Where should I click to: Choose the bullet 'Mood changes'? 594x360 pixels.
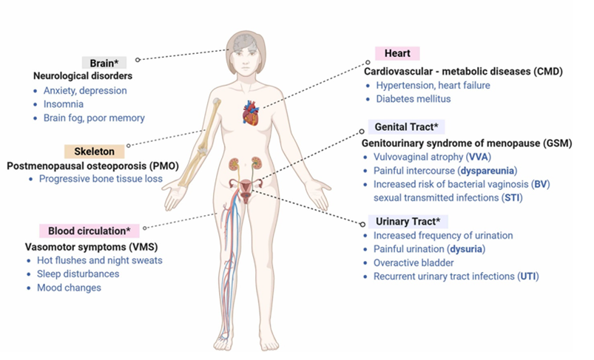(69, 288)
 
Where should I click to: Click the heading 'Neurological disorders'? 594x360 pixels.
(82, 76)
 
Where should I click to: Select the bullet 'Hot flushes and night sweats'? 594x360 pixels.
(100, 260)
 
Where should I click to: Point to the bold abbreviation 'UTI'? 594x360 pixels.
(526, 276)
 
